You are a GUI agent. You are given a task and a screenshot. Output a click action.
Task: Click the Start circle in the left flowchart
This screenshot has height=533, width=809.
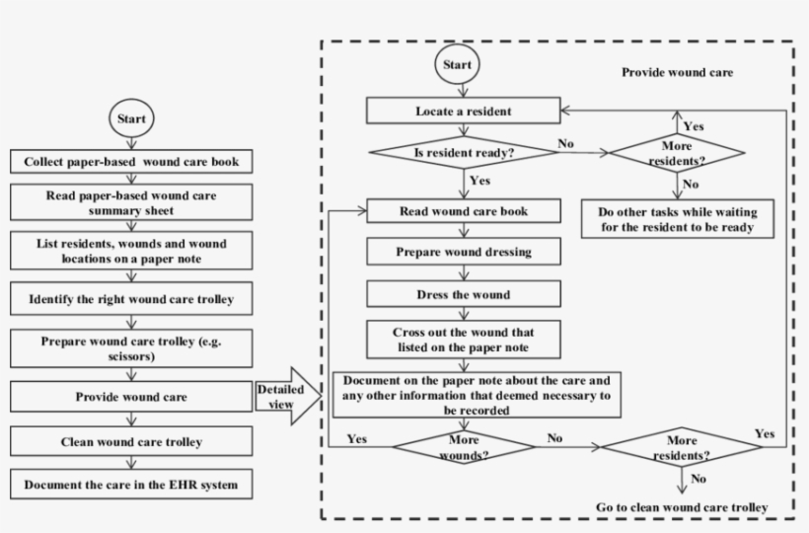pyautogui.click(x=131, y=118)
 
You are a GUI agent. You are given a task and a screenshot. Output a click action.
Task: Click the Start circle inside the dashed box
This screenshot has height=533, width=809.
pyautogui.click(x=457, y=65)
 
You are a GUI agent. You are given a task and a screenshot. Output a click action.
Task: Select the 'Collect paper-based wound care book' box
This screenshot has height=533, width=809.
pyautogui.click(x=131, y=160)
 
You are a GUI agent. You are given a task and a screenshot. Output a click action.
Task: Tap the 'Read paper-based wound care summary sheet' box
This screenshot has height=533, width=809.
pyautogui.click(x=131, y=203)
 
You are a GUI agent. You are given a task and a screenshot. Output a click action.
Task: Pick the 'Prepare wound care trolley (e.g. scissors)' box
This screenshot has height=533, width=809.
pyautogui.click(x=131, y=347)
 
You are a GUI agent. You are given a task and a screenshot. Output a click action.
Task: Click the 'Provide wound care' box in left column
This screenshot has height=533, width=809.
pyautogui.click(x=131, y=397)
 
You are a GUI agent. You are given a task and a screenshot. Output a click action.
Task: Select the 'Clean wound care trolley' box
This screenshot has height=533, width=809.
pyautogui.click(x=131, y=443)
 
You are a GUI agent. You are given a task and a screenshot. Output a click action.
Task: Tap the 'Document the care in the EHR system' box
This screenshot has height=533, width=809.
pyautogui.click(x=131, y=485)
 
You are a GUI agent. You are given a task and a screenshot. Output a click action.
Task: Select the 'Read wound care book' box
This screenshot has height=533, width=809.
pyautogui.click(x=463, y=211)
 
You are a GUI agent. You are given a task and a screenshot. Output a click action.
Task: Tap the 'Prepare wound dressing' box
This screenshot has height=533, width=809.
pyautogui.click(x=463, y=252)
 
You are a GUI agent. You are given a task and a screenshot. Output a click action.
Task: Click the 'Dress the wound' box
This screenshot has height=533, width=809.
pyautogui.click(x=463, y=293)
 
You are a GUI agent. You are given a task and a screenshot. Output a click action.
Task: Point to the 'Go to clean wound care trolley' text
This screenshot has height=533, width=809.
pyautogui.click(x=681, y=507)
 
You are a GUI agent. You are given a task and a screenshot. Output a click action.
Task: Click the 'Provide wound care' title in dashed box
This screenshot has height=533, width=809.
pyautogui.click(x=677, y=73)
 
